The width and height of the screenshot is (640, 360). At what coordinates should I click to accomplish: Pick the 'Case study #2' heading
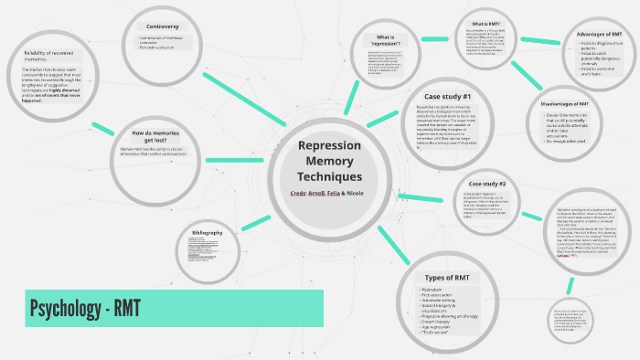pyautogui.click(x=487, y=184)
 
